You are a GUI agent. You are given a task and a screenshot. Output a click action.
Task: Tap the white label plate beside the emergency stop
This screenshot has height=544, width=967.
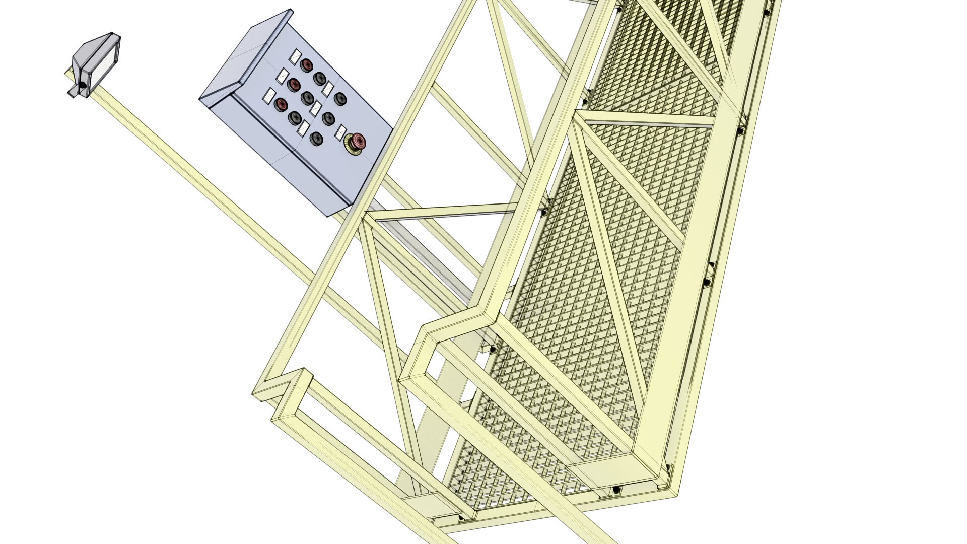pyautogui.click(x=340, y=132)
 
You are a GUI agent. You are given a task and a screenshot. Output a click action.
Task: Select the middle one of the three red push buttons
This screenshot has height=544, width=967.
pyautogui.click(x=294, y=84)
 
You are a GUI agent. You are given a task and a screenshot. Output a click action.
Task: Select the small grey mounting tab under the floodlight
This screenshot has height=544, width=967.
pyautogui.click(x=74, y=93)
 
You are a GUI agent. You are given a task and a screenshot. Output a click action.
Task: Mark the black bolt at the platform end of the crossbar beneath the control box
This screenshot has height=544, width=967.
pyautogui.click(x=543, y=212)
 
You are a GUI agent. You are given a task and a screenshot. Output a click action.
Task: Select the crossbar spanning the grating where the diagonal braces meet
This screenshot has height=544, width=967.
pyautogui.click(x=650, y=119)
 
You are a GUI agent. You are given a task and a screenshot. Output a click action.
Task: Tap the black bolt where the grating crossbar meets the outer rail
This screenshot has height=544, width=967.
pyautogui.click(x=740, y=131)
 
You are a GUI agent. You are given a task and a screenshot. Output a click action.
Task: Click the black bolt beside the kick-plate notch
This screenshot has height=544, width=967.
pyautogui.click(x=492, y=349)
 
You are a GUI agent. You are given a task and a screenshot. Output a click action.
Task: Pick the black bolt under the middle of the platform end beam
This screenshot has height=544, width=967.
pyautogui.click(x=616, y=490)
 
